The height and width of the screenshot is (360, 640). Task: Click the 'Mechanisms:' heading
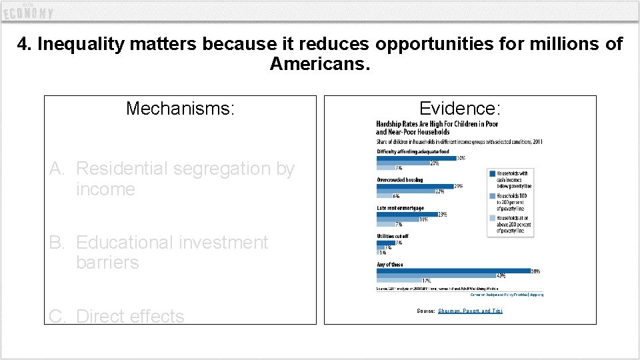(180, 108)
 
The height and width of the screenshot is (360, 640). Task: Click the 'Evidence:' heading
(459, 108)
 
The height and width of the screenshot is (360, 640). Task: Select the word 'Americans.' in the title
(319, 64)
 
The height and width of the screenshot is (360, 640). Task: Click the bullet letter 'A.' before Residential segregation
(60, 169)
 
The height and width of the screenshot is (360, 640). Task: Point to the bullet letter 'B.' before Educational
(60, 243)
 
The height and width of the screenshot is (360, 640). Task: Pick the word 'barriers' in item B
(107, 263)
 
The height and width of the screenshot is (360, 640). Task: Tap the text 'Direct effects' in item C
(130, 316)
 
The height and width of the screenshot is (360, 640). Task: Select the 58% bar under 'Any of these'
(453, 271)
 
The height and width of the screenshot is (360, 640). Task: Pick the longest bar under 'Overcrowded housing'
(415, 186)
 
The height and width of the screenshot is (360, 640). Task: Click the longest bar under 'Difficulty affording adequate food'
(416, 158)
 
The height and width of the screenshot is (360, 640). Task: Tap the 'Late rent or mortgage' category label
(400, 208)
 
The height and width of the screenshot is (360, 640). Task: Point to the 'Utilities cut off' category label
(393, 236)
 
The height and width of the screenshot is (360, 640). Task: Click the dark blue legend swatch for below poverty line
(492, 173)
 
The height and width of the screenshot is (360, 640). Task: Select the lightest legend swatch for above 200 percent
(492, 218)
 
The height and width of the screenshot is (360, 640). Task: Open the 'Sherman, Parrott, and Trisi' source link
(470, 311)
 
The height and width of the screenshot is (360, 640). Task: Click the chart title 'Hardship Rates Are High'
(437, 125)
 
